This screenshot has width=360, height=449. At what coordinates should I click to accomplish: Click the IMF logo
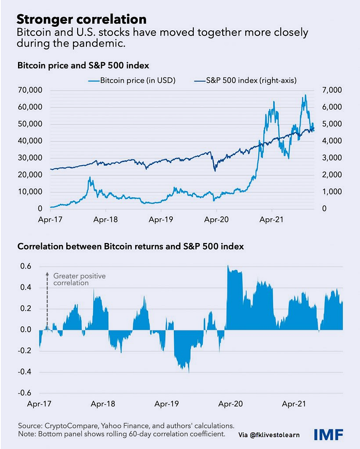coord(329,435)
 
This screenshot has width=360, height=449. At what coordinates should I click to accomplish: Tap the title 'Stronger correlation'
coord(81,20)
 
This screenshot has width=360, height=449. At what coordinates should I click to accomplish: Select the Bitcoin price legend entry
coord(132,81)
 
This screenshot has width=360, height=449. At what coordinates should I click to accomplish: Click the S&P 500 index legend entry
coord(245,81)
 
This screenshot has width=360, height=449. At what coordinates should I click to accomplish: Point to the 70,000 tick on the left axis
coord(30,90)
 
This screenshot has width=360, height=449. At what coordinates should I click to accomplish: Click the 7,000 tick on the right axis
coord(332,90)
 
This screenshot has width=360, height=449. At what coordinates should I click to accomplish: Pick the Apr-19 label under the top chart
coord(161,220)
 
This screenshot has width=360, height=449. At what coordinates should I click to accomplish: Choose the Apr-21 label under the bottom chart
coord(294,404)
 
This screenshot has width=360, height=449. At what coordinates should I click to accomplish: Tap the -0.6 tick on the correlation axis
coord(24,393)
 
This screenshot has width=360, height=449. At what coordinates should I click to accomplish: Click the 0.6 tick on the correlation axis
coord(26,266)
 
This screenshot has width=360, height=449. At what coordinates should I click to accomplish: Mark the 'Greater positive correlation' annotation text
coord(79,279)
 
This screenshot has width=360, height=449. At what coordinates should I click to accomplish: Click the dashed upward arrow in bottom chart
coord(48,301)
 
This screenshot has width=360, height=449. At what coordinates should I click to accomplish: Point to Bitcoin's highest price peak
coord(305,95)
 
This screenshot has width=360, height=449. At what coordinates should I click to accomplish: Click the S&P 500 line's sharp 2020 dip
coord(215,171)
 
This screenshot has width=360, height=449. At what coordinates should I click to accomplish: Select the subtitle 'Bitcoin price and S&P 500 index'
coord(83,66)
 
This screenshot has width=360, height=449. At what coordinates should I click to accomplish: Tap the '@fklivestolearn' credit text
coord(274,435)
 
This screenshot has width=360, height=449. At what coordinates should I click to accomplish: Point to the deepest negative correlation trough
coord(189,372)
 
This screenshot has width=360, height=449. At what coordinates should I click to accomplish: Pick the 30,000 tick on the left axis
coord(30,158)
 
